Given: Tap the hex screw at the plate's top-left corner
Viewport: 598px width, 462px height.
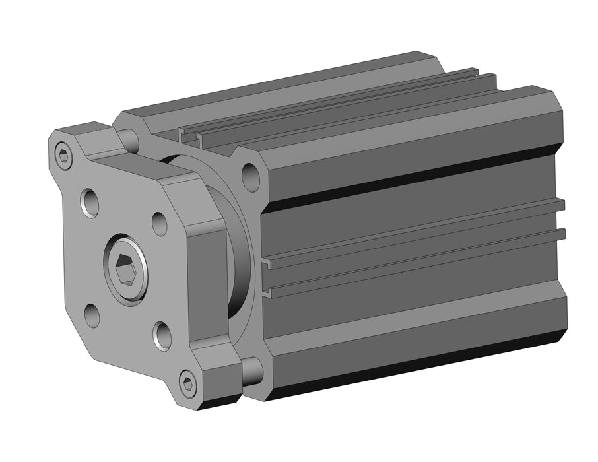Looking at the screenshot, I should (63, 156).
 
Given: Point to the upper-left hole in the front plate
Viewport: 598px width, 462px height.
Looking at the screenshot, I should (90, 202).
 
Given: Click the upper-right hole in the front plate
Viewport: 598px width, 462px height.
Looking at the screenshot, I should (159, 223).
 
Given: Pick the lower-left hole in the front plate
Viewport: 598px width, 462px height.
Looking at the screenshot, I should (92, 315).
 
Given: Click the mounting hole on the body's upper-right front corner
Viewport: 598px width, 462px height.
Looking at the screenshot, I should (251, 176).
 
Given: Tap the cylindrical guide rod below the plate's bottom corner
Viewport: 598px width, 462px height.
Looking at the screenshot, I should (252, 372).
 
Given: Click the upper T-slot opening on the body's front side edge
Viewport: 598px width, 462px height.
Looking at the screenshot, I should (267, 265).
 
